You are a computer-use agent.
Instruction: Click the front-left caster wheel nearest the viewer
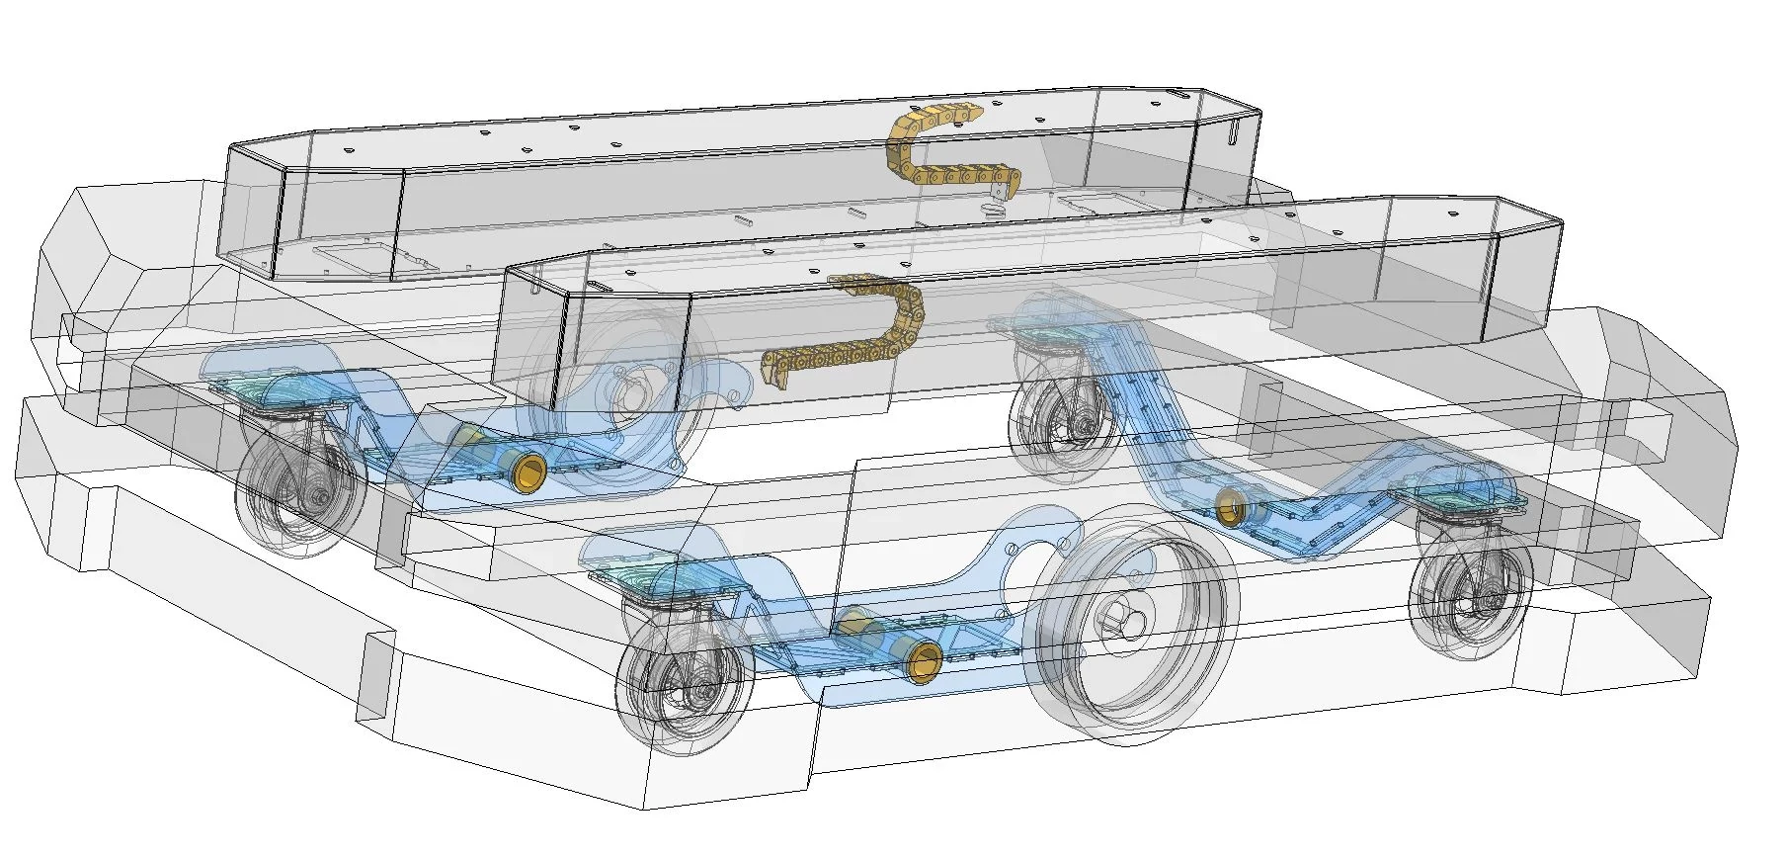(686, 684)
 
